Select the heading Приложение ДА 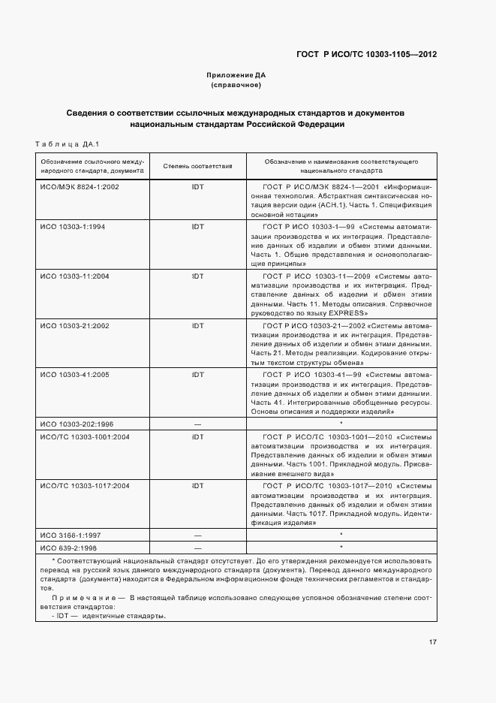(x=236, y=75)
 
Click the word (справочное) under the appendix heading (x=236, y=85)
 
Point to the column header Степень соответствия (x=198, y=166)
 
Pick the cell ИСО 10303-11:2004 (x=76, y=276)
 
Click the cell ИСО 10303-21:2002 (x=76, y=325)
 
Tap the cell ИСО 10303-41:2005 (x=76, y=374)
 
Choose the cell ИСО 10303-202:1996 (x=77, y=424)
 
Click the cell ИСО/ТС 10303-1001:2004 (x=84, y=436)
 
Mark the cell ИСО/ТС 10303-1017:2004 (x=84, y=486)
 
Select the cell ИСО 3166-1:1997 (x=71, y=535)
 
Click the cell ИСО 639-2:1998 (x=70, y=548)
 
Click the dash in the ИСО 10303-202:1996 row (x=197, y=424)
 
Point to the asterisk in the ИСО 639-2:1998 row (x=341, y=548)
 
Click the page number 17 (x=433, y=641)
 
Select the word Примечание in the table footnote (x=79, y=598)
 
